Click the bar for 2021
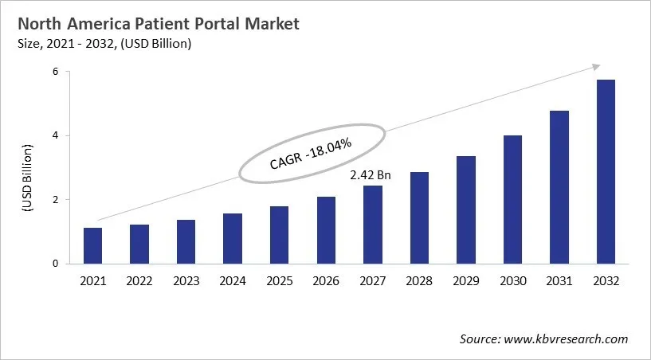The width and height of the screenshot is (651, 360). tap(93, 245)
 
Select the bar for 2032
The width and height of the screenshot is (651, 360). tap(606, 171)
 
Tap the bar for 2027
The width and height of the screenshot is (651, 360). tap(373, 225)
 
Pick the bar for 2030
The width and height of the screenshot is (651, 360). tap(512, 199)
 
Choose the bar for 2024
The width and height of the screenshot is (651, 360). tap(233, 238)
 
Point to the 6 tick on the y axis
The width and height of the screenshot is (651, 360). tap(57, 72)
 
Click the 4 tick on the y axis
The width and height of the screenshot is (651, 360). tap(57, 135)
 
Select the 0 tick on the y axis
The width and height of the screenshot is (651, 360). tap(57, 264)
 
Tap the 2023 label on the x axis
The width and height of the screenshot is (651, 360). tap(186, 281)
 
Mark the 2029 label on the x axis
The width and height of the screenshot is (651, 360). tap(466, 281)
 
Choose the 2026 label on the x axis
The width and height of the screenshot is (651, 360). tap(326, 281)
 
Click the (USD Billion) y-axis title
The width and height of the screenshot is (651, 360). tap(27, 178)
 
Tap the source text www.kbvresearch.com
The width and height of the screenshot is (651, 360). tap(567, 339)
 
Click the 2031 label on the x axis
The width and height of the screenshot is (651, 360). tap(559, 281)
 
